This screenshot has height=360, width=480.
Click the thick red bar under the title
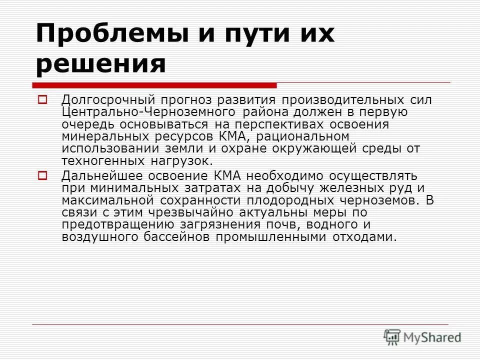pyautogui.click(x=155, y=85)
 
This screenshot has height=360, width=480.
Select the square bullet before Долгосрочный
pyautogui.click(x=42, y=99)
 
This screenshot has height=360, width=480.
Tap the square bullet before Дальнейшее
pyautogui.click(x=42, y=175)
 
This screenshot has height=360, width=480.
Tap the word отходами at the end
pyautogui.click(x=363, y=237)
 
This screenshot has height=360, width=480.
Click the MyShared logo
pyautogui.click(x=422, y=337)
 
